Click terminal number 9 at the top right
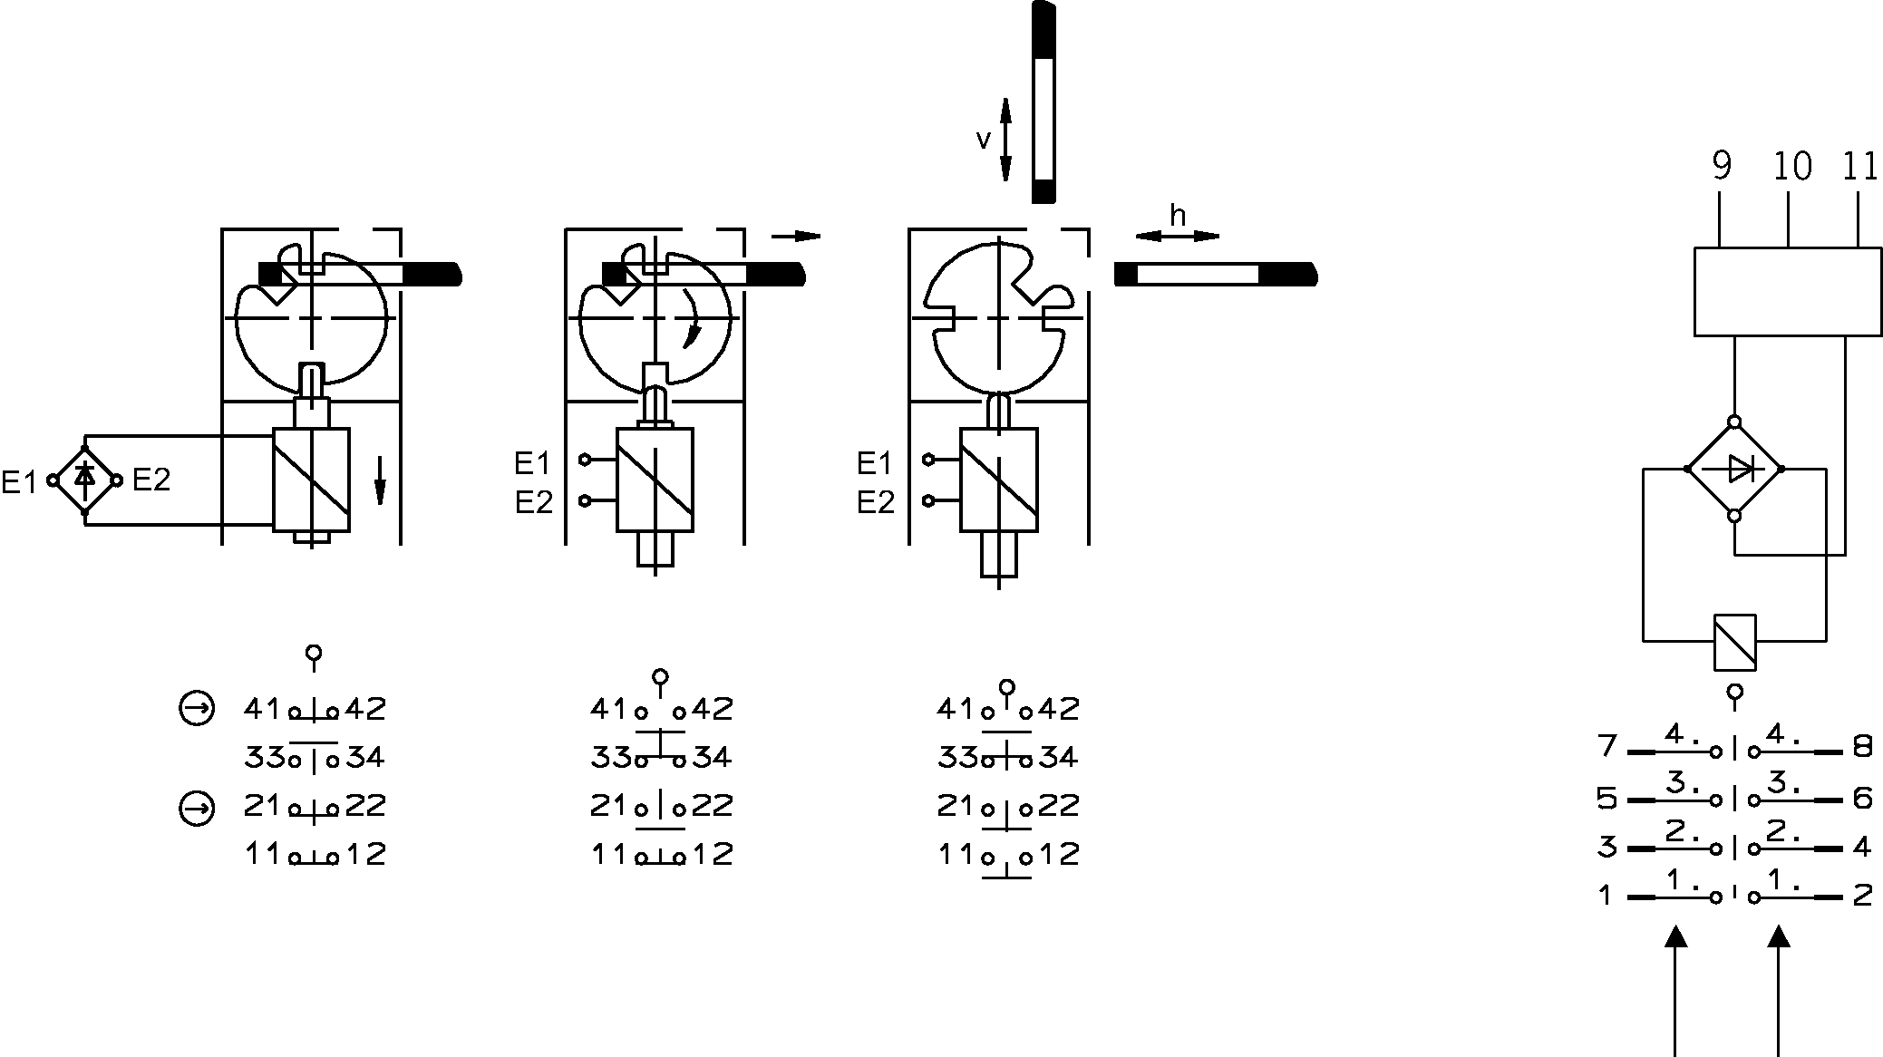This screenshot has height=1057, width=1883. pos(1722,166)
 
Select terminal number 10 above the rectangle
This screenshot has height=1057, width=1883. pos(1791,166)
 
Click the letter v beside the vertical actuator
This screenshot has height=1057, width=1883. pos(984,140)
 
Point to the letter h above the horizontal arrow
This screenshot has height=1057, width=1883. pos(1178,216)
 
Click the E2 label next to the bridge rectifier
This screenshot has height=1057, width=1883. pos(151,480)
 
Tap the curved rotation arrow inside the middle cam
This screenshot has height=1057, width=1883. pos(694,319)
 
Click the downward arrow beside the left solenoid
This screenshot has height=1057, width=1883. pos(380,480)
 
